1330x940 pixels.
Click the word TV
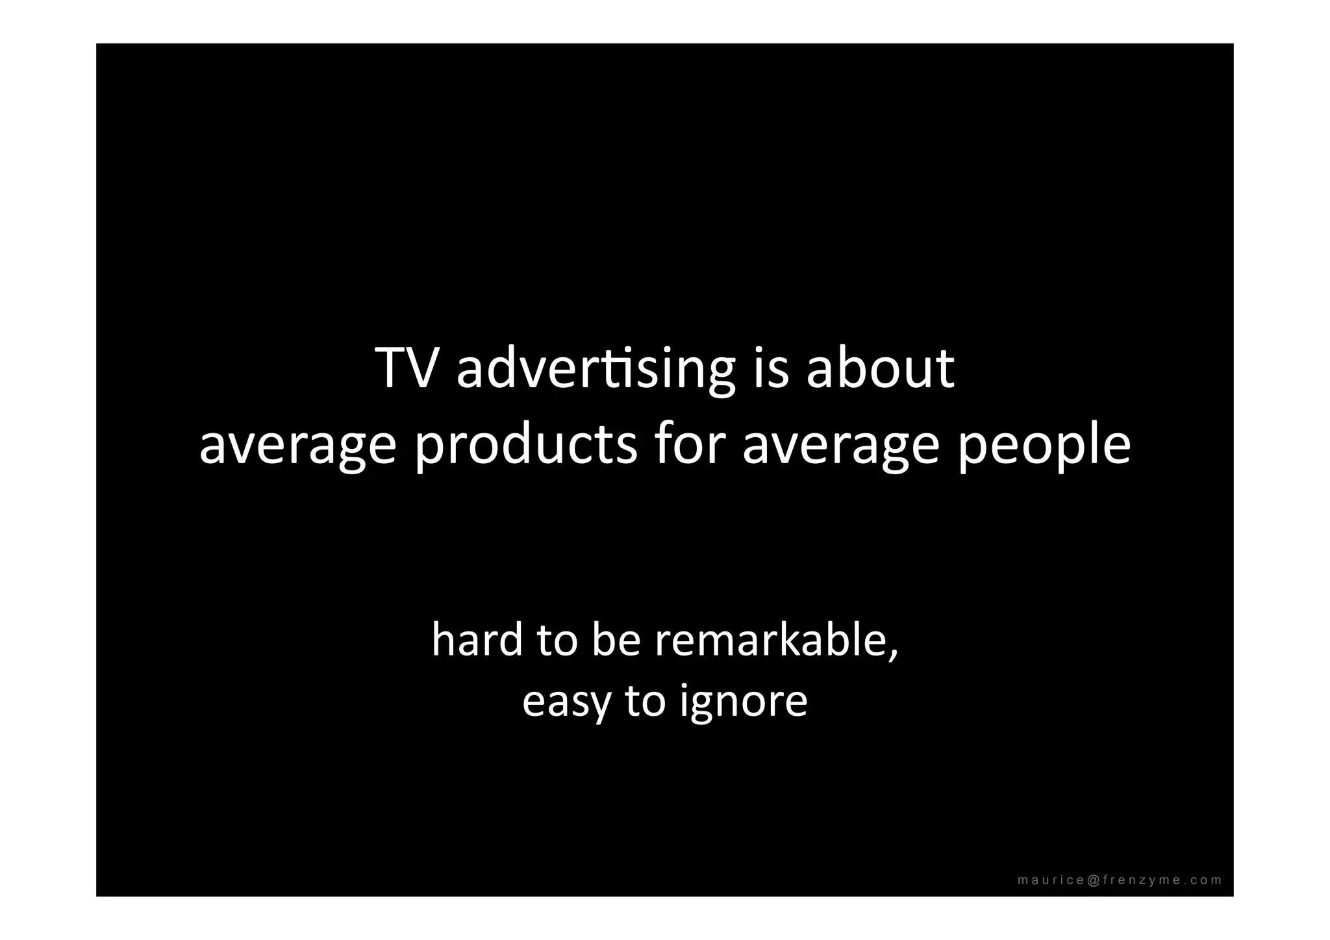click(404, 368)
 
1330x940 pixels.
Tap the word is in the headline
click(771, 368)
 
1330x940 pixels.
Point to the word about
click(880, 368)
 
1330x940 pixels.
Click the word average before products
click(297, 446)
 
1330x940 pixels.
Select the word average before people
click(841, 446)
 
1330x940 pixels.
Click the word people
click(1044, 446)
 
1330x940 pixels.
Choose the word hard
click(477, 640)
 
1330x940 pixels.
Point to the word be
click(615, 640)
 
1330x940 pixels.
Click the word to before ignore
click(645, 702)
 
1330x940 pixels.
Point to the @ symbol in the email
click(1092, 880)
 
